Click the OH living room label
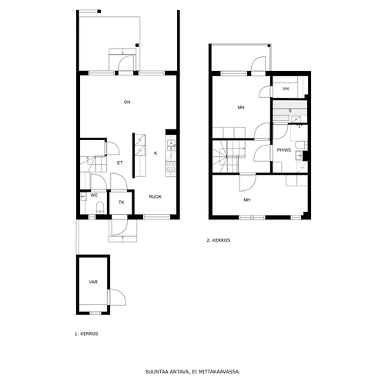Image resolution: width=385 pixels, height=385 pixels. tap(127, 102)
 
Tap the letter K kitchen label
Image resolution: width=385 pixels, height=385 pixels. tap(156, 153)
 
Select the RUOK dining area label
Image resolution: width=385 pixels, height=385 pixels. tap(156, 197)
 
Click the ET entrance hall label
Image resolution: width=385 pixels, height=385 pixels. tap(120, 162)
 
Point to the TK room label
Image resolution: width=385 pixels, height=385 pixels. tap(122, 203)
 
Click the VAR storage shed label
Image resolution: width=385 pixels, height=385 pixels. tap(93, 282)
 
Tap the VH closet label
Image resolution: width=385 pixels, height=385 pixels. tap(286, 89)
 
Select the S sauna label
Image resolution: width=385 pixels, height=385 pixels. tap(290, 111)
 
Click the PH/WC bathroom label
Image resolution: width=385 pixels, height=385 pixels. tap(284, 150)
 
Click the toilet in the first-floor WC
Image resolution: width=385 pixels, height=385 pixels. tap(99, 207)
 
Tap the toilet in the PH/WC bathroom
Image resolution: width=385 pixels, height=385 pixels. tap(301, 146)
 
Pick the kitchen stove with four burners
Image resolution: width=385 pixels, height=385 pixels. tap(171, 166)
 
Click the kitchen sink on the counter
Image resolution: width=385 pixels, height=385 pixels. tap(171, 146)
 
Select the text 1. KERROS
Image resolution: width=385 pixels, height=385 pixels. tap(86, 333)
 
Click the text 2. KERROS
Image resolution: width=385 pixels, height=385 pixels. tap(219, 240)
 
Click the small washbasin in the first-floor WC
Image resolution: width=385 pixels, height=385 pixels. tap(82, 197)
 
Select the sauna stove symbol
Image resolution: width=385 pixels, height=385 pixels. tap(297, 119)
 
